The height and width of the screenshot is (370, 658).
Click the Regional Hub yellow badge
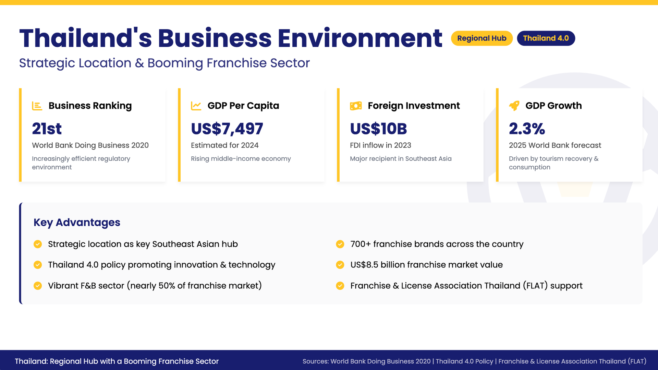(x=482, y=38)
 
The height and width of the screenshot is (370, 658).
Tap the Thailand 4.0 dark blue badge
(x=546, y=38)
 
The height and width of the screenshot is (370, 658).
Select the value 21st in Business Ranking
(x=47, y=129)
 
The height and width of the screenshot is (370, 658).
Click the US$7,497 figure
(x=227, y=129)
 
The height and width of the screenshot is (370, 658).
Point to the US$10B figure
(x=378, y=129)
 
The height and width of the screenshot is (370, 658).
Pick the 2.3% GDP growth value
(x=527, y=129)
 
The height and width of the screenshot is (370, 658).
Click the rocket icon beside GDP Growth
(x=514, y=106)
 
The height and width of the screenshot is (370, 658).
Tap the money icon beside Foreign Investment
(x=356, y=106)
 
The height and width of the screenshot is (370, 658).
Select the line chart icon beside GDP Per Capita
(x=196, y=106)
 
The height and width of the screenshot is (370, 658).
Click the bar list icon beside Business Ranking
(x=37, y=106)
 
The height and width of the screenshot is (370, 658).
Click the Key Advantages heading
(x=77, y=223)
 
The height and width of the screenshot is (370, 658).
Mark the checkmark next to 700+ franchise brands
(x=340, y=244)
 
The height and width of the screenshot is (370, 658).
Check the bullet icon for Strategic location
(x=38, y=244)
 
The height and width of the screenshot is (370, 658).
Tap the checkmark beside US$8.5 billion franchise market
(x=340, y=265)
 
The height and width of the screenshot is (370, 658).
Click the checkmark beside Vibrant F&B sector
(x=38, y=286)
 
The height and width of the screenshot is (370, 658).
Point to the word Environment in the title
(x=360, y=38)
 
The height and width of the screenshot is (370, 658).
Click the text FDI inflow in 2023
(x=380, y=145)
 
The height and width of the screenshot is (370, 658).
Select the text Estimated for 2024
(x=224, y=145)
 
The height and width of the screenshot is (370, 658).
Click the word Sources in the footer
(x=316, y=361)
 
